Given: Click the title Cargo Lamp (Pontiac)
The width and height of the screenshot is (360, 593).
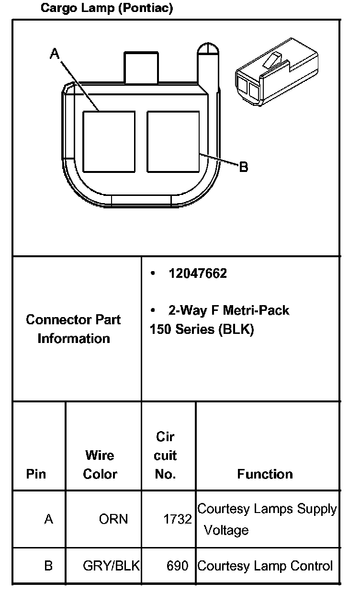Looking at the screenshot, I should pyautogui.click(x=106, y=8).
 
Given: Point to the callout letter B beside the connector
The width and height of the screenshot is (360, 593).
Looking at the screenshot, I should pyautogui.click(x=243, y=167).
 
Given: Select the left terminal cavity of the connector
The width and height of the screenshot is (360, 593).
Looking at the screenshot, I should pyautogui.click(x=109, y=141).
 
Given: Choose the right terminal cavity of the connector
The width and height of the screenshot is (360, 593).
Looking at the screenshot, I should pyautogui.click(x=173, y=141).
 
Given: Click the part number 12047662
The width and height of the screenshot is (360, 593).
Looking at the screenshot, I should pyautogui.click(x=197, y=274).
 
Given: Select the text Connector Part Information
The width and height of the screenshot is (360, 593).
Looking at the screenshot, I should pyautogui.click(x=74, y=329).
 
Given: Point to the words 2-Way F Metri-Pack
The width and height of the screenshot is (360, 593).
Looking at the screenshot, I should pyautogui.click(x=228, y=310).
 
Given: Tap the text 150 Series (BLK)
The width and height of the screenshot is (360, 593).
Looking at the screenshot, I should pyautogui.click(x=202, y=330).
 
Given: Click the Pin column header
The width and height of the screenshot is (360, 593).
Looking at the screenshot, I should pyautogui.click(x=36, y=474).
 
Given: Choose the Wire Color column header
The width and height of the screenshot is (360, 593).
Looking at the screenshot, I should pyautogui.click(x=100, y=464).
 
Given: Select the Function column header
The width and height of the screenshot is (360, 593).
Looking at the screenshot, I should pyautogui.click(x=265, y=474).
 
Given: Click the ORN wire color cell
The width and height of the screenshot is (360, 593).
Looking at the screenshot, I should pyautogui.click(x=113, y=519).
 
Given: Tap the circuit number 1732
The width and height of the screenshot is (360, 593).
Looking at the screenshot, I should pyautogui.click(x=177, y=519).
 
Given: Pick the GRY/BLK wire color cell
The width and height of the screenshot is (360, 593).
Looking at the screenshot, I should pyautogui.click(x=111, y=566).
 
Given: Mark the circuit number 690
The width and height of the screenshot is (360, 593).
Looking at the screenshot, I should pyautogui.click(x=177, y=566).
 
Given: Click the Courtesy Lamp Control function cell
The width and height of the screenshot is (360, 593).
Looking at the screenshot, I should pyautogui.click(x=265, y=566).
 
